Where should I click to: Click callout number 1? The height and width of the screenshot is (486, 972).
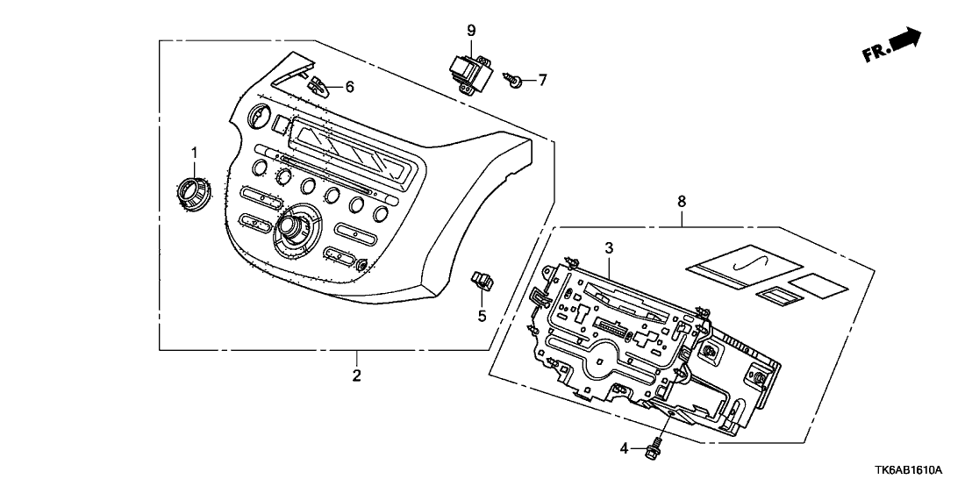pos(196,153)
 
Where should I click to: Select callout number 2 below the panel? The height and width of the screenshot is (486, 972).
pos(357,376)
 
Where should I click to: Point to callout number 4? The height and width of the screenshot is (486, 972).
pos(624,448)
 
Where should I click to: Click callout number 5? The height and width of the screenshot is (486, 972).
pos(481,315)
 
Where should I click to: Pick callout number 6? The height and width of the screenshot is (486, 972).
pos(349,87)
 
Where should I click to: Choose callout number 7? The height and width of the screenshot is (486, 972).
pos(541,81)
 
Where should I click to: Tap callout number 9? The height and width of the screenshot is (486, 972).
pos(471,32)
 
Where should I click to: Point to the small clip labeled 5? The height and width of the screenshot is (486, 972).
pos(482,281)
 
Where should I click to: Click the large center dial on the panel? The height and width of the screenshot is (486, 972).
pos(289,231)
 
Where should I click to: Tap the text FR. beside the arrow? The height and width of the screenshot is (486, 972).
pos(875,54)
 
